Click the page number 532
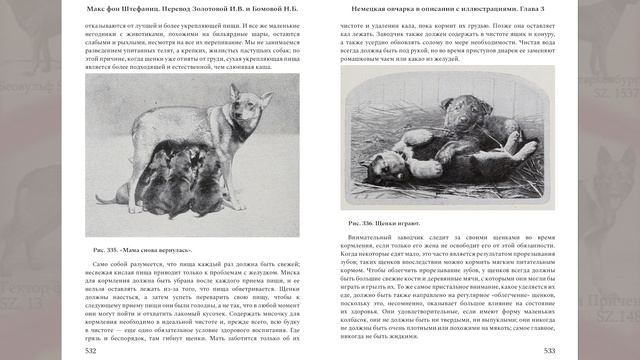click(x=91, y=350)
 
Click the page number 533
click(x=549, y=350)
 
